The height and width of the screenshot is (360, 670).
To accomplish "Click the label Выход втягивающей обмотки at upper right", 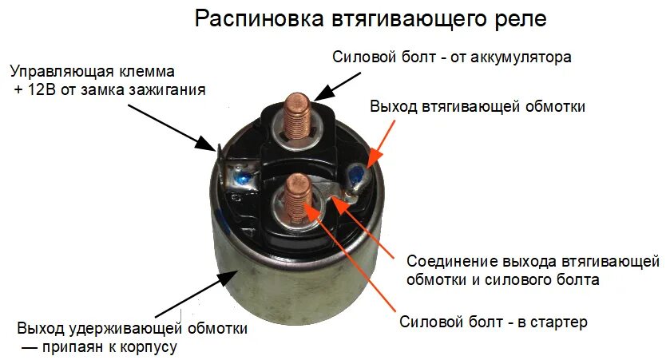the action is (x=478, y=107).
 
